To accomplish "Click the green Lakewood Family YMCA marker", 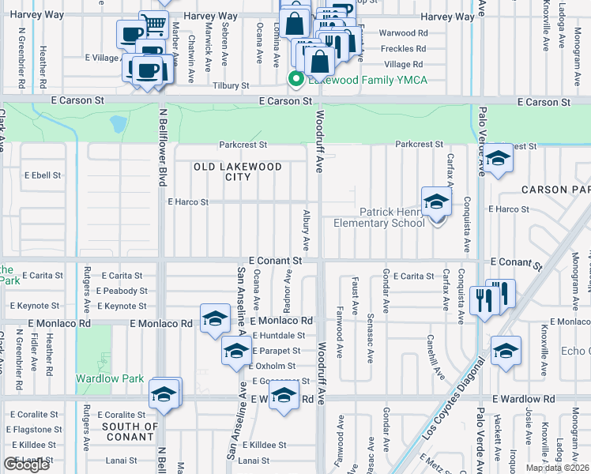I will click(x=296, y=78).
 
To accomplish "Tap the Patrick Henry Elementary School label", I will click(x=392, y=217).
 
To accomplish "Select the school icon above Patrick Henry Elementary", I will click(x=435, y=203).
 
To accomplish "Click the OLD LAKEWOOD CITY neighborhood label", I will click(x=238, y=171).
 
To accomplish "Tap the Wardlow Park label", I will click(x=110, y=378).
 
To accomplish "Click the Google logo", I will click(x=26, y=465).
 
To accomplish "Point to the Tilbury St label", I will click(x=231, y=85).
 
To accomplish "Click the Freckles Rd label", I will click(x=402, y=49).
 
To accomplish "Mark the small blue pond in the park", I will click(x=119, y=123).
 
